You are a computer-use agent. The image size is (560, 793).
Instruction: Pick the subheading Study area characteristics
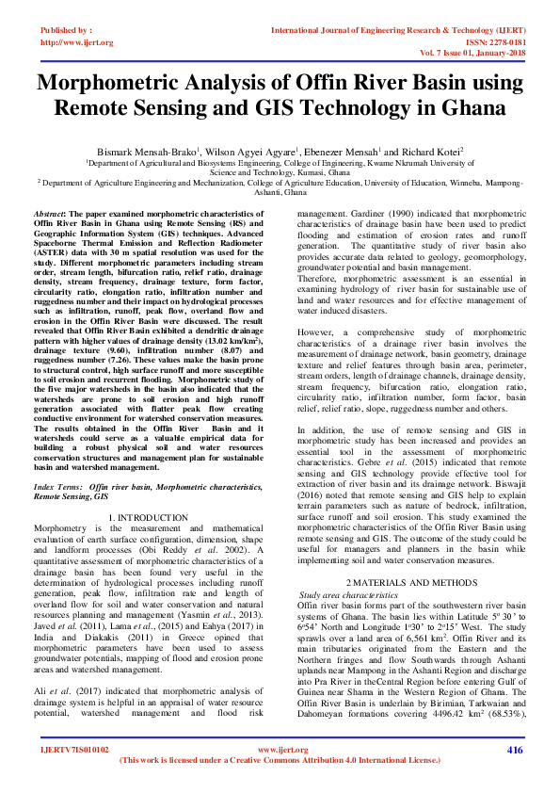pyautogui.click(x=348, y=596)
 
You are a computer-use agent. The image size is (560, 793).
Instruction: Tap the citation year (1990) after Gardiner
pyautogui.click(x=400, y=214)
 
